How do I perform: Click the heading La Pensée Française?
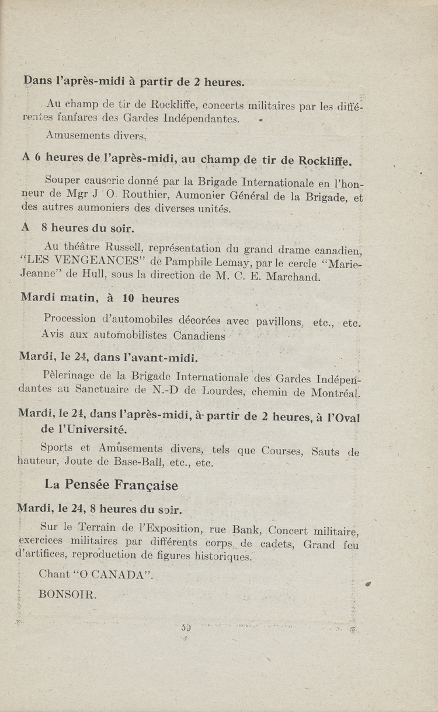coord(111,485)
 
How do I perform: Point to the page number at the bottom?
coord(186,628)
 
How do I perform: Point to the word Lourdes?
coord(222,391)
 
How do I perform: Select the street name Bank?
coord(246,530)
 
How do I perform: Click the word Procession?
coord(69,319)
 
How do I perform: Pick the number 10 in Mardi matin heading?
coord(129,298)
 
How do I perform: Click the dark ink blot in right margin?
coord(369,584)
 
